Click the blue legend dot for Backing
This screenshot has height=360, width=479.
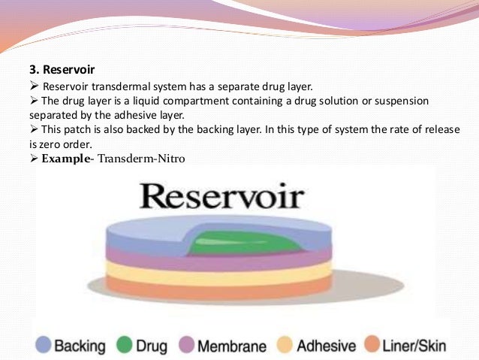coord(43,344)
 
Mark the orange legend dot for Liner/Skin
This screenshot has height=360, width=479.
coord(370,345)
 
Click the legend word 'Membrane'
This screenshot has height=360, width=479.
coord(231,346)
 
